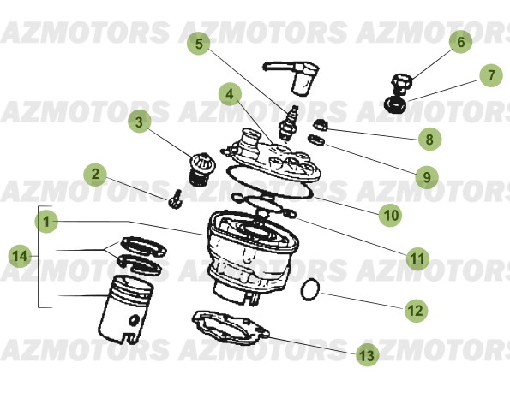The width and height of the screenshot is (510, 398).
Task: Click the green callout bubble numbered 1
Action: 47,221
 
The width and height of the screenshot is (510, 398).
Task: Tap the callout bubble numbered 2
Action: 96,176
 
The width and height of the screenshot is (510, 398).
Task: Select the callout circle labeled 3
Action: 140,122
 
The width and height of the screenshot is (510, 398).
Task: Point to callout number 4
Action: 229,92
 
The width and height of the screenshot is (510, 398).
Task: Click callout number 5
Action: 199,42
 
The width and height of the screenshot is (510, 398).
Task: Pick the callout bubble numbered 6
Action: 459,41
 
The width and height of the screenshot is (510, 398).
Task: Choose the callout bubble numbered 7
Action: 490,76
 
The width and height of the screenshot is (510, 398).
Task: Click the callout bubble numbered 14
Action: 21,255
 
